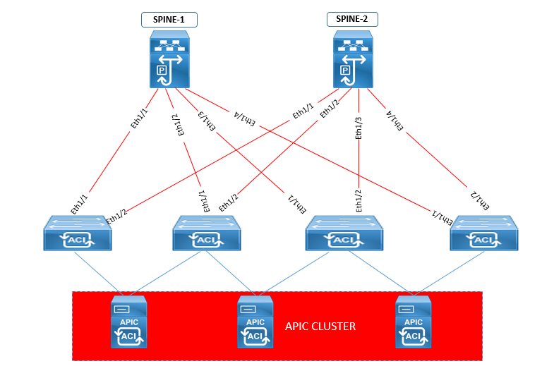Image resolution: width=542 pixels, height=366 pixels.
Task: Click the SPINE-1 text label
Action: (169, 19)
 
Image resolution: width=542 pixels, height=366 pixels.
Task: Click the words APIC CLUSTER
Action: (320, 327)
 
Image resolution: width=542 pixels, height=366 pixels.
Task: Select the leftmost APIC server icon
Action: (129, 322)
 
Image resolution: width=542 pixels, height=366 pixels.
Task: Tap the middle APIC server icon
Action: (254, 322)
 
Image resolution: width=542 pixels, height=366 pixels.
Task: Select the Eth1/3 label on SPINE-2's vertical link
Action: (359, 127)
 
